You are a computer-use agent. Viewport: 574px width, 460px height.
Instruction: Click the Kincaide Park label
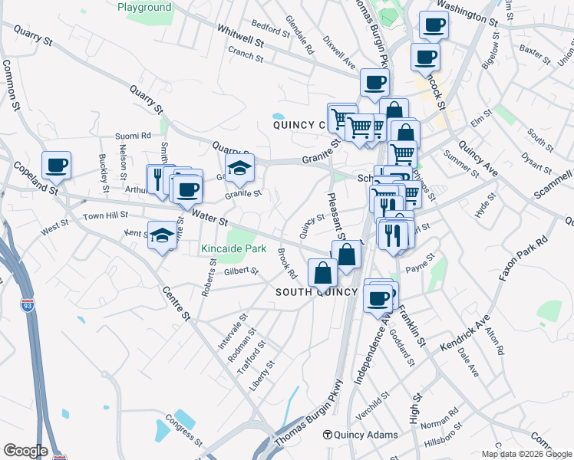pos(233,249)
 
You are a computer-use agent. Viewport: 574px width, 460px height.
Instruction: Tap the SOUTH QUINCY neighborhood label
pos(317,292)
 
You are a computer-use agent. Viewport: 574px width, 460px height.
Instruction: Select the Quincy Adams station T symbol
pos(328,435)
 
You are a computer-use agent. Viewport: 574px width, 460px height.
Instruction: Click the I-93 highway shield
pos(28,305)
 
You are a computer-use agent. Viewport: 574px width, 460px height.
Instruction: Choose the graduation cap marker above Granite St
pos(240,169)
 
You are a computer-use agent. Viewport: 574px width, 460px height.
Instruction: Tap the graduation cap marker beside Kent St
pos(162,236)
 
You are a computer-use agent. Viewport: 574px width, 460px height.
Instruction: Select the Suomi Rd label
pos(134,136)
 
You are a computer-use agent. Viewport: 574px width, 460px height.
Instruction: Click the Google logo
pos(25,452)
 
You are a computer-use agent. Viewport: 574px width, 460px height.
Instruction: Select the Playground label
pos(144,8)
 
